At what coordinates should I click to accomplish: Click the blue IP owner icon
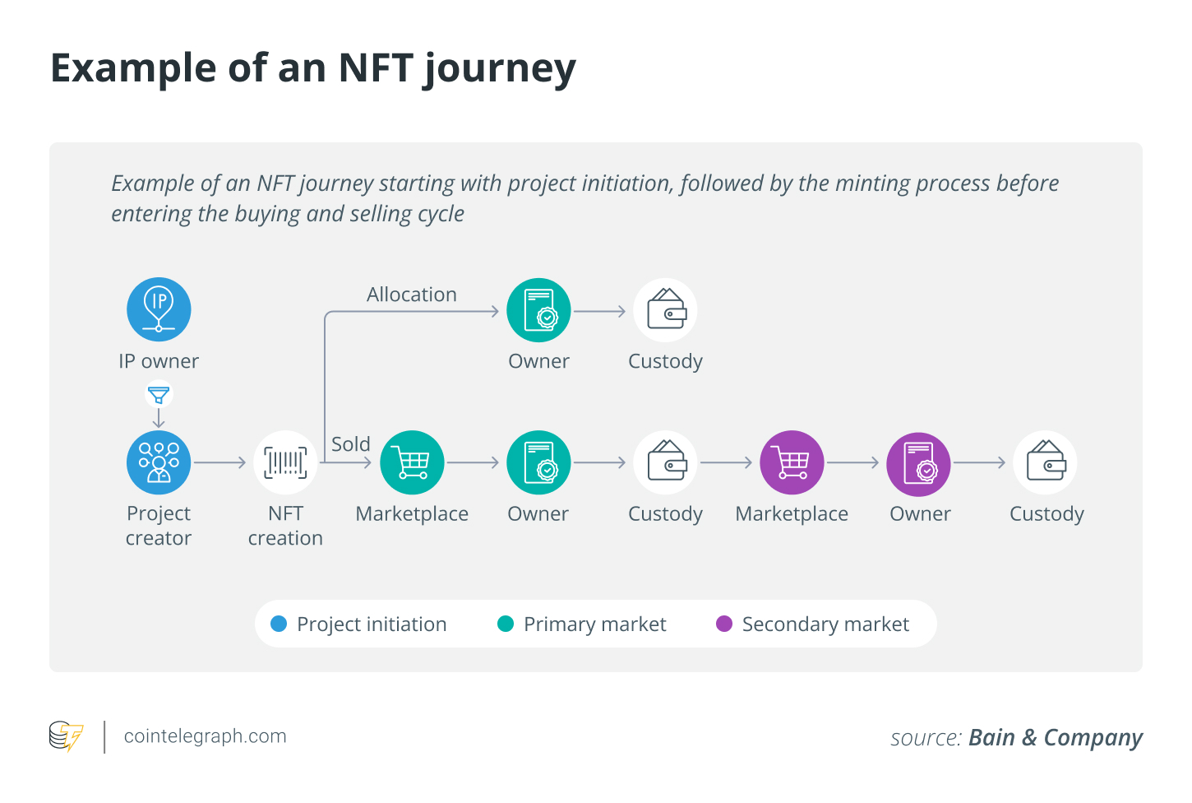[x=159, y=309]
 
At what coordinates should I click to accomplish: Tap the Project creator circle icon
[x=159, y=462]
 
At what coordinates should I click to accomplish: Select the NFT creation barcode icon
[x=285, y=462]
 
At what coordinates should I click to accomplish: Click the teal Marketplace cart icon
[x=412, y=462]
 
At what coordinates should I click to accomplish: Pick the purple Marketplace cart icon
[x=792, y=462]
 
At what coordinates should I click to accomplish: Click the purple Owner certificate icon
[x=918, y=464]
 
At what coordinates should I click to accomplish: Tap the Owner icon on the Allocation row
[x=538, y=310]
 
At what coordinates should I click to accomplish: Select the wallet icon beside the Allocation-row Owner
[x=665, y=310]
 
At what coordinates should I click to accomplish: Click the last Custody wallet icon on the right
[x=1045, y=462]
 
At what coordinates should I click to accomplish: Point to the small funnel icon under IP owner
[x=159, y=396]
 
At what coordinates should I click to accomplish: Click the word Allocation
[x=411, y=295]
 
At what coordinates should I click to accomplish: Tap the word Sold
[x=350, y=444]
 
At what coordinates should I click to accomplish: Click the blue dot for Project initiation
[x=279, y=624]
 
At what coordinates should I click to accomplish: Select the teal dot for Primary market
[x=506, y=624]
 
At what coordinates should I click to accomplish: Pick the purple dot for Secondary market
[x=724, y=624]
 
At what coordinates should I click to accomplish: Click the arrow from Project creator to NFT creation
[x=220, y=462]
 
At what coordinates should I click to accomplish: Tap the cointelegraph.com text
[x=205, y=736]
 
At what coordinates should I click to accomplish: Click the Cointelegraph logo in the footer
[x=66, y=736]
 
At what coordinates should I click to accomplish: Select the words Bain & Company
[x=1055, y=737]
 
